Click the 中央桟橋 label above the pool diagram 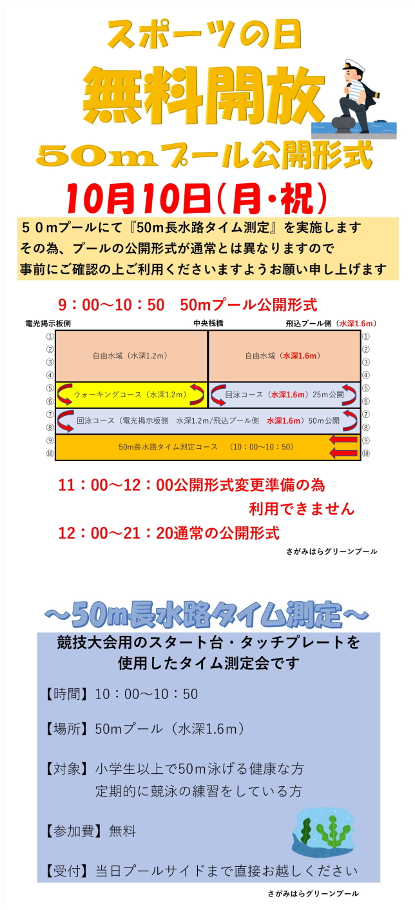tap(208, 323)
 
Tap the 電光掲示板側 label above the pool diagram tap(48, 323)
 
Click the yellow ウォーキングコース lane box tap(131, 395)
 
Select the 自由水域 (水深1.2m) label tap(131, 355)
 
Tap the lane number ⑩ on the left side tap(49, 453)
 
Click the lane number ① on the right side tap(366, 336)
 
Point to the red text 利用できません tap(302, 509)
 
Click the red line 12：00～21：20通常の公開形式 tap(169, 533)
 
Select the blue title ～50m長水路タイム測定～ tap(207, 615)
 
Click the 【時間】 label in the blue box tap(66, 694)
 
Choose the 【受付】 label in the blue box tap(66, 871)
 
